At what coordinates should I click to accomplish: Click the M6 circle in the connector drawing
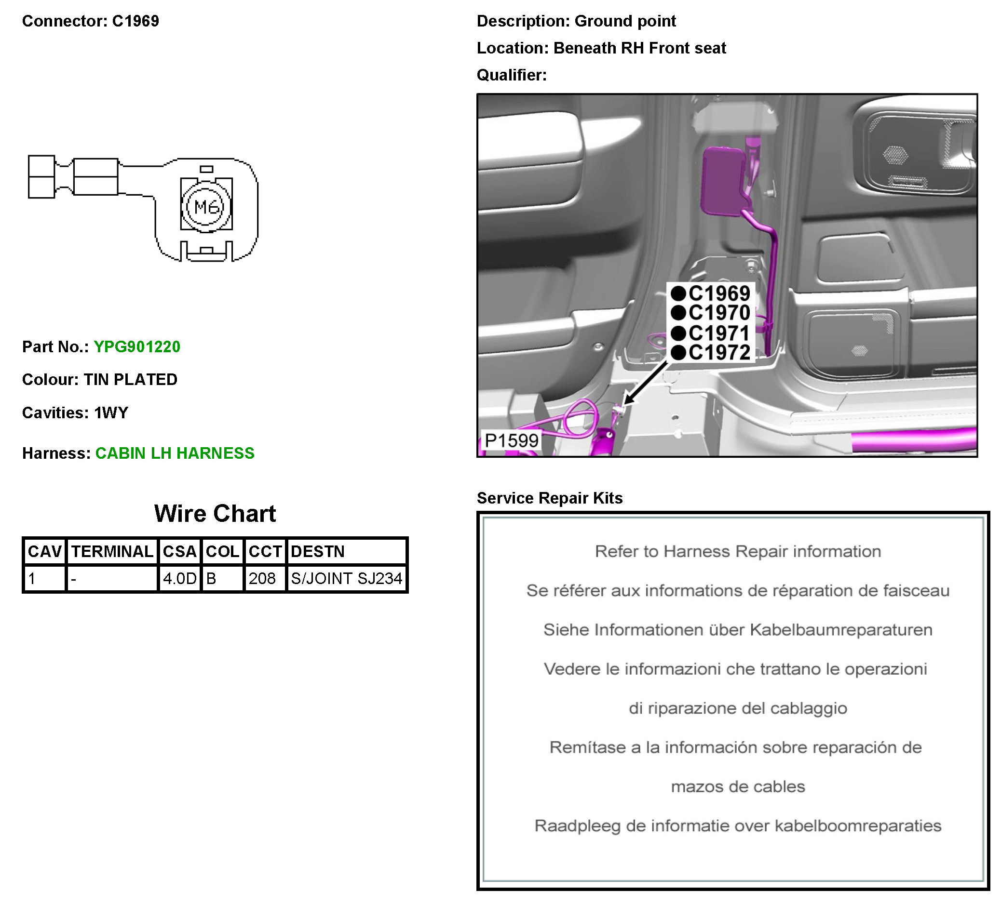206,206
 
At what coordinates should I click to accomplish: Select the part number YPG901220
136,347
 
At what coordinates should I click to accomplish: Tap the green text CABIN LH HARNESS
174,453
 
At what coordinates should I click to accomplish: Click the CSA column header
179,551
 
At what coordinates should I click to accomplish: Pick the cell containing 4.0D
179,579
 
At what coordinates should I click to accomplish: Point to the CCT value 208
262,579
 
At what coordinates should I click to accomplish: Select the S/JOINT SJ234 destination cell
346,579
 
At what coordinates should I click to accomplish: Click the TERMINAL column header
112,551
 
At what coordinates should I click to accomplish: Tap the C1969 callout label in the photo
718,294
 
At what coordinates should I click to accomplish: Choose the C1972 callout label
718,353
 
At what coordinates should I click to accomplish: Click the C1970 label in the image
718,313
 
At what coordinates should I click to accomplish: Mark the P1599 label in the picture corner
511,440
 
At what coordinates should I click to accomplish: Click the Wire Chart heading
215,514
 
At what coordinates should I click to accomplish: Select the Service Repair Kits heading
549,498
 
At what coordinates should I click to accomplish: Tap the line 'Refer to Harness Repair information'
737,551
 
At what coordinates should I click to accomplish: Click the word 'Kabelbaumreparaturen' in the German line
840,630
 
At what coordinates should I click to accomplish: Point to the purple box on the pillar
722,181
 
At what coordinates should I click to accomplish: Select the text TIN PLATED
130,380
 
